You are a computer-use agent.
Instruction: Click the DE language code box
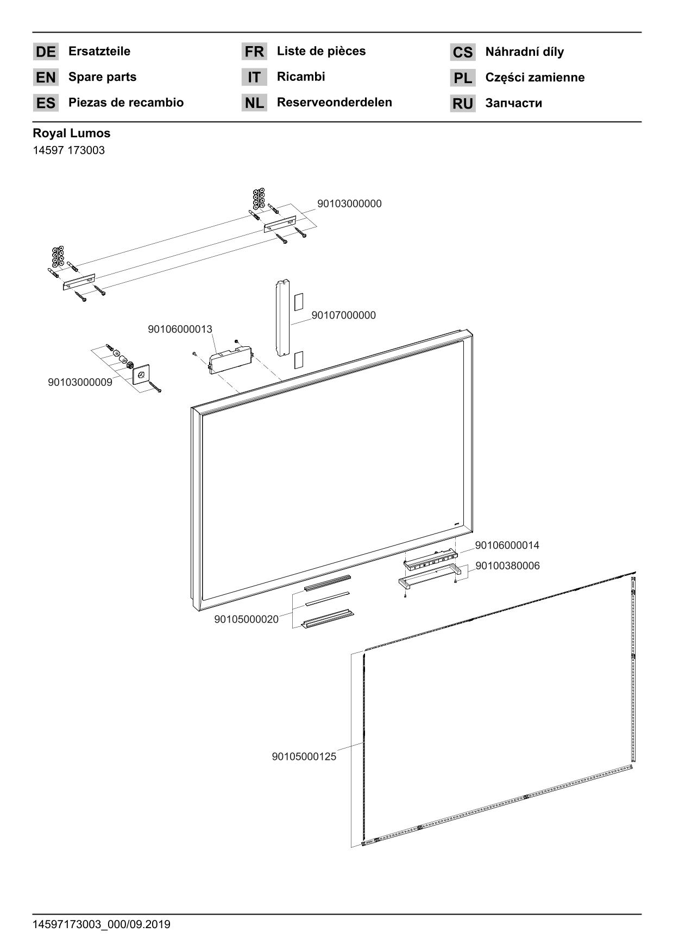[46, 52]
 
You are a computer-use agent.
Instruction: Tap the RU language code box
[463, 104]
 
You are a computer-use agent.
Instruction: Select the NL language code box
[254, 103]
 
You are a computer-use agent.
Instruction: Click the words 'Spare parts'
[102, 77]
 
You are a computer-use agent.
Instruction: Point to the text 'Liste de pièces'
[321, 51]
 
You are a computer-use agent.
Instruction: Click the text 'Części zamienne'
[534, 78]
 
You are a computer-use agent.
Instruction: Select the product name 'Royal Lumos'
[71, 133]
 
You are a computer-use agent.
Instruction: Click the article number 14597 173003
[68, 150]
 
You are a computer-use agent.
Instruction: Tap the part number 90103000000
[349, 204]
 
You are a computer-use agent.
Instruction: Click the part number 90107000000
[343, 315]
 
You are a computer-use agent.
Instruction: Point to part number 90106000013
[180, 329]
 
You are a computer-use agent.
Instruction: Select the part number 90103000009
[80, 382]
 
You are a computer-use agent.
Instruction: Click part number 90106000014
[507, 545]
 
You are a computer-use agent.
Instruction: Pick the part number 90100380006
[507, 566]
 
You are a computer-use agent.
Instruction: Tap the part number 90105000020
[246, 619]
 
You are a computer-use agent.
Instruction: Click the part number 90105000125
[304, 757]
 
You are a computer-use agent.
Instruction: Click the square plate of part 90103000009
[141, 374]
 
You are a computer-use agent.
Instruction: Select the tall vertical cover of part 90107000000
[282, 318]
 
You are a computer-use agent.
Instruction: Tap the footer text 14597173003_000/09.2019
[102, 924]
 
